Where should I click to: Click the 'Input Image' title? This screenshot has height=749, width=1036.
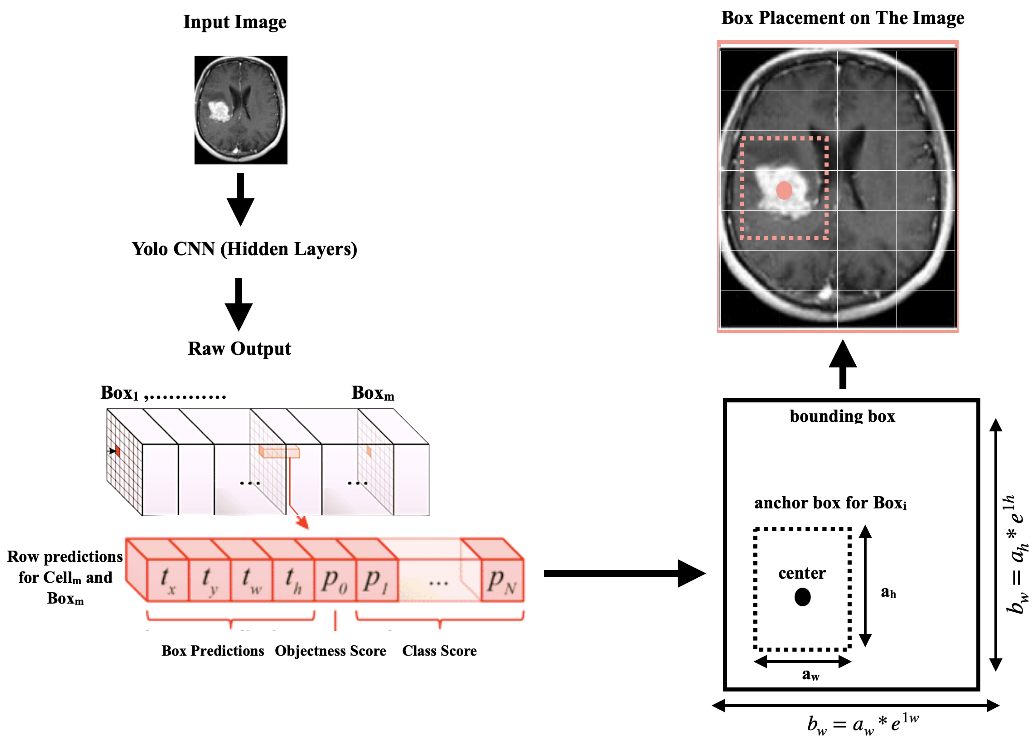(235, 22)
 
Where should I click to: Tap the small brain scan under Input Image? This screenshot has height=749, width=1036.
(241, 110)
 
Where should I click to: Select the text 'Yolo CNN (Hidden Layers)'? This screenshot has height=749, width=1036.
(245, 249)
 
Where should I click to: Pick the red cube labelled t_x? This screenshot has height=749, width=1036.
(168, 580)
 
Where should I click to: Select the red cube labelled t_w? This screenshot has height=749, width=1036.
(252, 580)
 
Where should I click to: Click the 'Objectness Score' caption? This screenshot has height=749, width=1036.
(330, 651)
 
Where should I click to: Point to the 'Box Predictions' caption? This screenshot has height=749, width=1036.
(213, 651)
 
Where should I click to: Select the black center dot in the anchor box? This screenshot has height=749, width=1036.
(802, 597)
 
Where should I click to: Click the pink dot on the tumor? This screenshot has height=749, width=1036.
(784, 190)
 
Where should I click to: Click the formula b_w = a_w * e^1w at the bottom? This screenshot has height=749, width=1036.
(862, 724)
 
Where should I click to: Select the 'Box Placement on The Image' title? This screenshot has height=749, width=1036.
(843, 18)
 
